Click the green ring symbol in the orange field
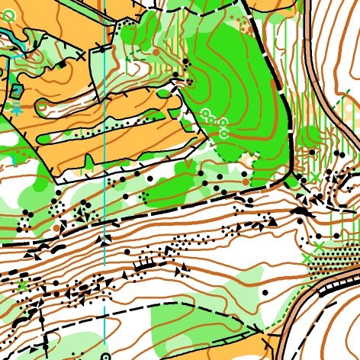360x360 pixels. [8, 14]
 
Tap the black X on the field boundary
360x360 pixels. [82, 56]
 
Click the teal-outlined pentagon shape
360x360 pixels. [16, 91]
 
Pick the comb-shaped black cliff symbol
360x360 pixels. [143, 263]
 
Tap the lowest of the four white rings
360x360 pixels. [224, 133]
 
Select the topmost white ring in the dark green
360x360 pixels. [204, 113]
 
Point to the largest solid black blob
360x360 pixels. [302, 211]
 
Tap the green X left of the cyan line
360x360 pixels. [23, 285]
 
